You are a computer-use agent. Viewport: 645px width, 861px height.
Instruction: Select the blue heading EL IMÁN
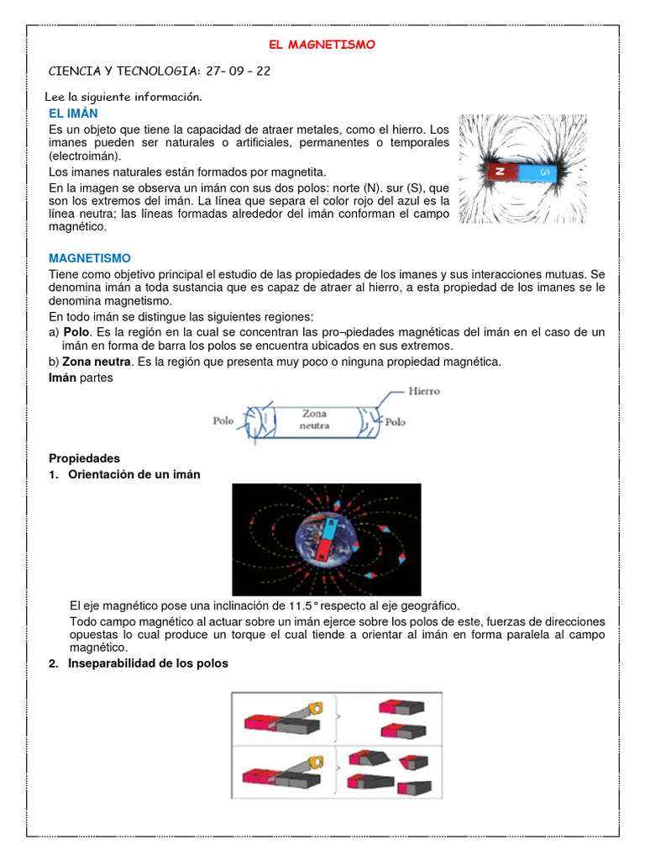[x=73, y=114]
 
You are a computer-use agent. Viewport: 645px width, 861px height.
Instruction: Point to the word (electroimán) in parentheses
[x=84, y=156]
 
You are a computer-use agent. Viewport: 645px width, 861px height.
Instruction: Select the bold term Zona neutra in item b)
[x=97, y=362]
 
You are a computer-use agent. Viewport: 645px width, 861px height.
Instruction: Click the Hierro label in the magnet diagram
[x=423, y=391]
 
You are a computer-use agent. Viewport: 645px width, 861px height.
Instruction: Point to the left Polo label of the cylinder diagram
[x=223, y=420]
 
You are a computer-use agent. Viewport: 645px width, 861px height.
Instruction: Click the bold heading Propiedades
[x=84, y=458]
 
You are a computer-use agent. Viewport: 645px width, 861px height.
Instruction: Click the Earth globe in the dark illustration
[x=325, y=537]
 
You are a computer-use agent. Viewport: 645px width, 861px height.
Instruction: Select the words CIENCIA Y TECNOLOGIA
[x=122, y=71]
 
